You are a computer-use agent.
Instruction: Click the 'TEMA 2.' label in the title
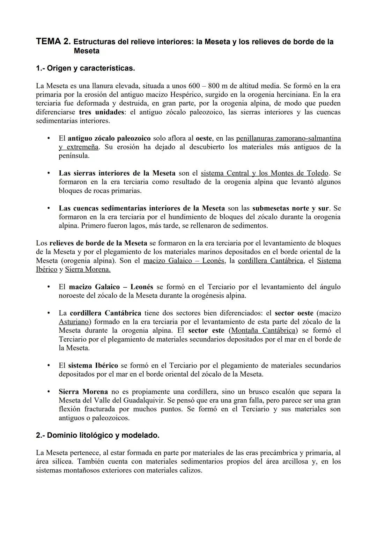pos(53,42)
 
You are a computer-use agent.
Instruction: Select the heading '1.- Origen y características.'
pos(85,68)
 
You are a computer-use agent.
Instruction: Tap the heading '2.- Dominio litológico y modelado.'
pos(97,435)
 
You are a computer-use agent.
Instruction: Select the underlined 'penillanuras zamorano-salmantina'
pos(288,138)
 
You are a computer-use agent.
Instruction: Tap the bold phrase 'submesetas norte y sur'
pos(290,208)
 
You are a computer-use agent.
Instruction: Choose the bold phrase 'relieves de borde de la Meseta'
pos(98,243)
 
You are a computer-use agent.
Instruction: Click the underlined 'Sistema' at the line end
pos(329,261)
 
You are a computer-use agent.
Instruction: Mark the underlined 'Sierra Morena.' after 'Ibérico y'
pos(88,269)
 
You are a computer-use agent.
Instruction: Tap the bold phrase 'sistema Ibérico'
pos(93,365)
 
